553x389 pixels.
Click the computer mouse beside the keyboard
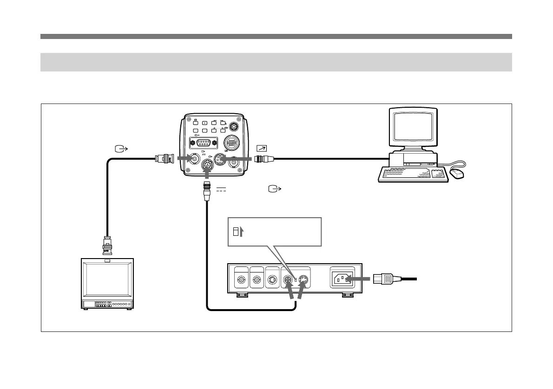(458, 174)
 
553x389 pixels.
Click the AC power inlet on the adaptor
(342, 279)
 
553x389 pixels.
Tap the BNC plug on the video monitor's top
(108, 246)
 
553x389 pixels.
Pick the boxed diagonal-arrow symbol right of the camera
(261, 149)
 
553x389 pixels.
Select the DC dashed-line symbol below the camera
(221, 190)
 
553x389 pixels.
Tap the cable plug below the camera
(206, 190)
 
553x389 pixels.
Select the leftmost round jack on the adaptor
(242, 280)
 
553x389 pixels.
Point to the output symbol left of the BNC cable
(120, 149)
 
